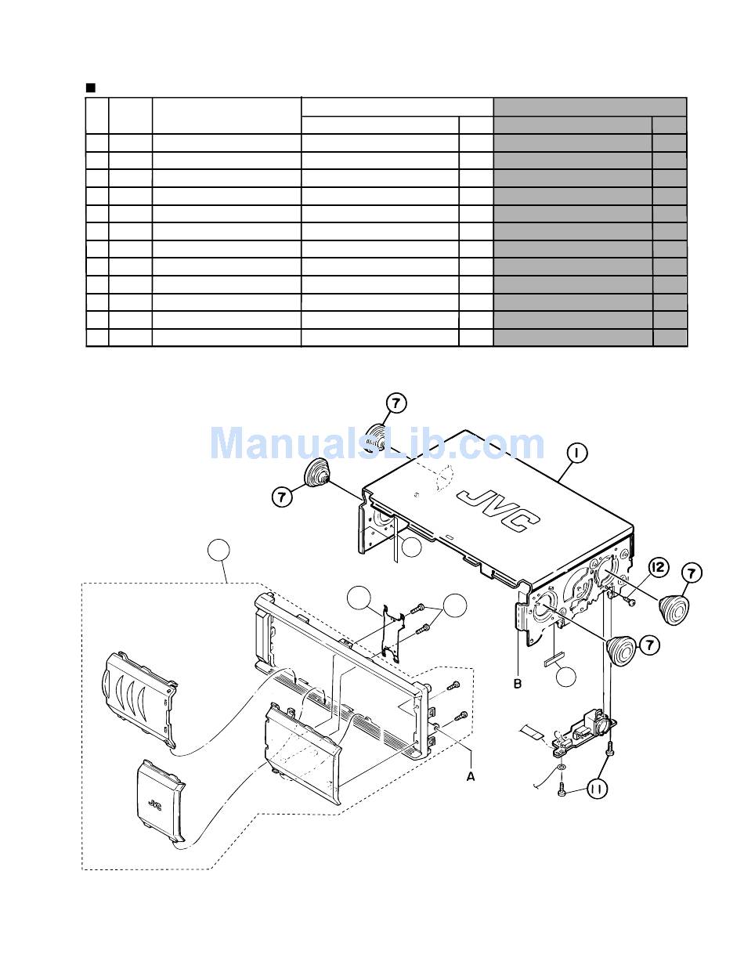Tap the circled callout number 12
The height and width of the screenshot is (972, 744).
[659, 567]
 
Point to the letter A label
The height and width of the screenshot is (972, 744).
[471, 775]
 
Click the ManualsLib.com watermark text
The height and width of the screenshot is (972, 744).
[376, 444]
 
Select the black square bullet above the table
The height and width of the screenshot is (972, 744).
[90, 87]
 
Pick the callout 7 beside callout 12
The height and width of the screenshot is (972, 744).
[692, 573]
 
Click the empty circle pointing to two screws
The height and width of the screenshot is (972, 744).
[455, 605]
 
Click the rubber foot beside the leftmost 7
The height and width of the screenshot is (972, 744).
[316, 475]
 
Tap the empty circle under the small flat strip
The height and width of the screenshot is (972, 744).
[568, 678]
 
